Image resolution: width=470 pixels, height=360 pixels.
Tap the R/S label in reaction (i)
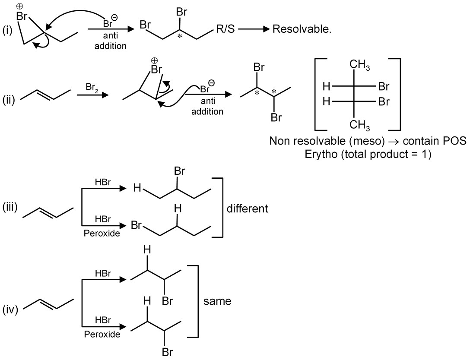tap(224, 31)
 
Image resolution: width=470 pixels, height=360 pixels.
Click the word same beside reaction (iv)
tap(217, 301)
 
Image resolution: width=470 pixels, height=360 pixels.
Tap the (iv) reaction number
tap(10, 310)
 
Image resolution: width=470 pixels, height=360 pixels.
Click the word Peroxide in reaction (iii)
tap(102, 234)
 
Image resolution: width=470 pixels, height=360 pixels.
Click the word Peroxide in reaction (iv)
tap(102, 334)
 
